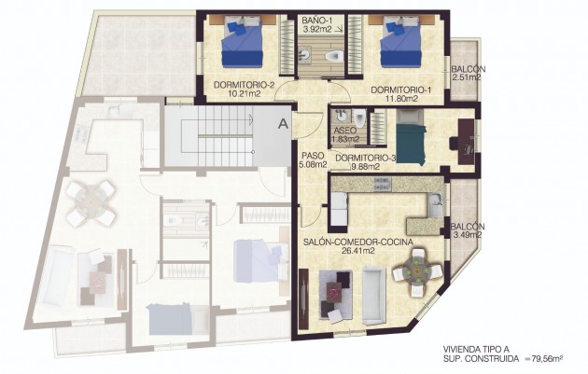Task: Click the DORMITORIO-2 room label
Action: coord(243,85)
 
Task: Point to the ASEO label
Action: coord(343,129)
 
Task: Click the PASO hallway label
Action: coord(313,156)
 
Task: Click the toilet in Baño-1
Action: coord(330,59)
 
